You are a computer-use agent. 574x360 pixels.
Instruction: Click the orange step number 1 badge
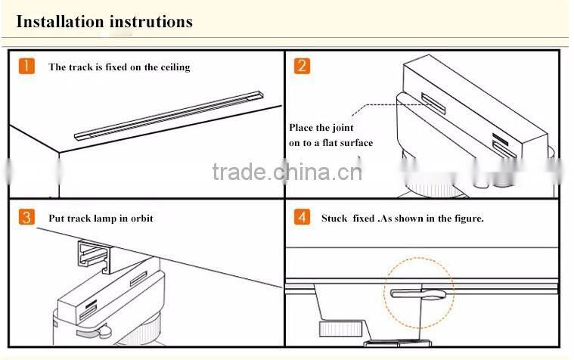tap(26, 66)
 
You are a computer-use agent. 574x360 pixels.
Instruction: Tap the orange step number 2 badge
tap(302, 66)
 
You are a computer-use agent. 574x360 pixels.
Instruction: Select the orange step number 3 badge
tap(26, 218)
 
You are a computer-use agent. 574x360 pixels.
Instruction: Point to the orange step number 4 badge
tap(302, 218)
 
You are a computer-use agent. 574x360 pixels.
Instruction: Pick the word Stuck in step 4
tap(335, 219)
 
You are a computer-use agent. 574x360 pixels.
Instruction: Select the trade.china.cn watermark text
tap(287, 172)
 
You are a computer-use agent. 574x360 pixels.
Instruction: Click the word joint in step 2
tap(343, 128)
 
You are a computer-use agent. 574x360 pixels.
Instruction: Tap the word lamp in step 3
tap(105, 219)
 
